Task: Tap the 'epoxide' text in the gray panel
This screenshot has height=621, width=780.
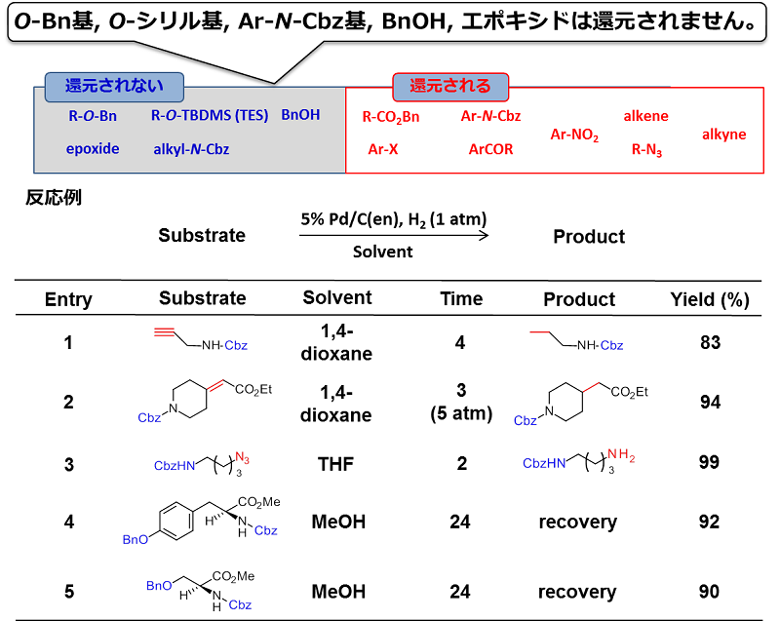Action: click(93, 149)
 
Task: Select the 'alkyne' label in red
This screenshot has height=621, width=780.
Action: click(723, 135)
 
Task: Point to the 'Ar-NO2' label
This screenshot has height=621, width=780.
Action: click(575, 135)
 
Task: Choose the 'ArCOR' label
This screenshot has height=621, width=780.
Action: click(490, 149)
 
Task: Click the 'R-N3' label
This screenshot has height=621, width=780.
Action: click(647, 150)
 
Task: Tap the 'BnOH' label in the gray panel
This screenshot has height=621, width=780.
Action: click(300, 115)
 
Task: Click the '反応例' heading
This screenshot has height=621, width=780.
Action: click(54, 198)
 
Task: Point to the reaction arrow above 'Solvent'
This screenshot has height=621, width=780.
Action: click(395, 235)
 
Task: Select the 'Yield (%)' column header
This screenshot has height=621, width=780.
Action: click(709, 298)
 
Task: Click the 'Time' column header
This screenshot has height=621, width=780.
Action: click(460, 298)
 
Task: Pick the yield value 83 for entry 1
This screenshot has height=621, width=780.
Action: click(709, 343)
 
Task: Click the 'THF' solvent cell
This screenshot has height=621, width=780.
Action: click(337, 465)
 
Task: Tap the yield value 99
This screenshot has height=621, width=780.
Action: click(709, 465)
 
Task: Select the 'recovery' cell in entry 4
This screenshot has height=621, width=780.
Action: click(577, 523)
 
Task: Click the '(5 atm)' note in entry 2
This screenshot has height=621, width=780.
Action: click(460, 414)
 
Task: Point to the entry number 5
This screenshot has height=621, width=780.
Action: click(68, 592)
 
